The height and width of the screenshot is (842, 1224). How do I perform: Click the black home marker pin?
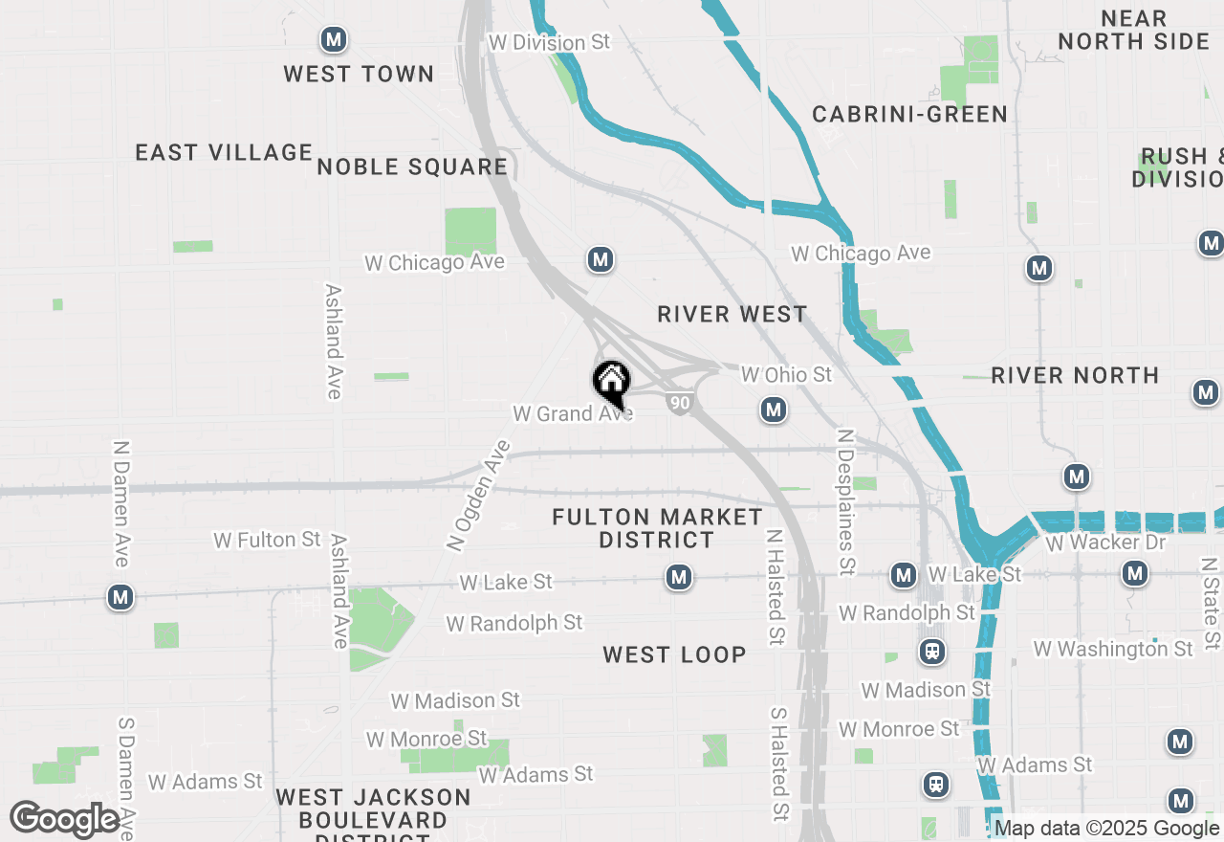(612, 383)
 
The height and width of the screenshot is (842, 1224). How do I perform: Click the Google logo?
(65, 820)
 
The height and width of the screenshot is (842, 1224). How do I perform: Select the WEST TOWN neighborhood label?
(359, 74)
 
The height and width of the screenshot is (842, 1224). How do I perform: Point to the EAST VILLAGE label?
(224, 152)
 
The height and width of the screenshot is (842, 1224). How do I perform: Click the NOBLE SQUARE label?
(412, 166)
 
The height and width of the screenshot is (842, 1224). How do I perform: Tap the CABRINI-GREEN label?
(909, 115)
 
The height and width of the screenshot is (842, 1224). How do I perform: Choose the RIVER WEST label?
(732, 314)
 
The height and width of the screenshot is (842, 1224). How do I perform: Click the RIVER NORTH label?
(1075, 375)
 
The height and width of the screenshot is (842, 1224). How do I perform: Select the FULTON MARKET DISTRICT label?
(658, 528)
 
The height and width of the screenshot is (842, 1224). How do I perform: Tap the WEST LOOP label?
(674, 654)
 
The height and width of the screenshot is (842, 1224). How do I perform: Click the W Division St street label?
(549, 42)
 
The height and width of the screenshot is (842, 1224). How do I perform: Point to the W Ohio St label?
(787, 374)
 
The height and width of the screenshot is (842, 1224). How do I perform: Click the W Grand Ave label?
(573, 413)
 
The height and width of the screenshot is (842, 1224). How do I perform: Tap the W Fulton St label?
(267, 540)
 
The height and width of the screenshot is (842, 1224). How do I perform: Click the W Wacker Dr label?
(1106, 543)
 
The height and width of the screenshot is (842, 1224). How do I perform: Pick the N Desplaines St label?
(845, 502)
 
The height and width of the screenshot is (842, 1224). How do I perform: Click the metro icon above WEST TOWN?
(333, 39)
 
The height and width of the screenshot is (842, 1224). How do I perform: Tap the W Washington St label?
(1113, 649)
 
